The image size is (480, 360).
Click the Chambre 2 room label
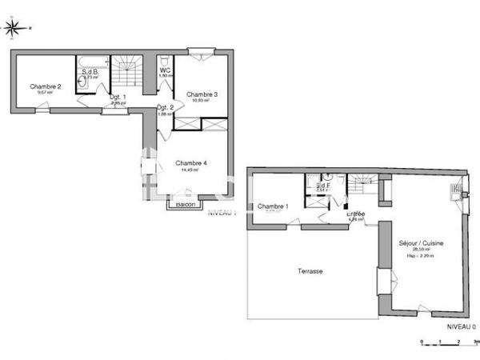(46, 86)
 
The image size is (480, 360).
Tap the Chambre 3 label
(202, 94)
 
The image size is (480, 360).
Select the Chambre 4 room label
(192, 163)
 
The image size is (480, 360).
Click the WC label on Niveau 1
(165, 70)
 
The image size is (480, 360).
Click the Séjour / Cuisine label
(421, 242)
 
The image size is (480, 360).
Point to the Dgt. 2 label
(166, 107)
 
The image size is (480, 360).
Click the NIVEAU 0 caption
(460, 326)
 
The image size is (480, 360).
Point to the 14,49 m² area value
(191, 170)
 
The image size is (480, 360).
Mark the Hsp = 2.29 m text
(420, 256)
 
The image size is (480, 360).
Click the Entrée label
(356, 214)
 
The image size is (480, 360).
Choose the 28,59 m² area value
(420, 250)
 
